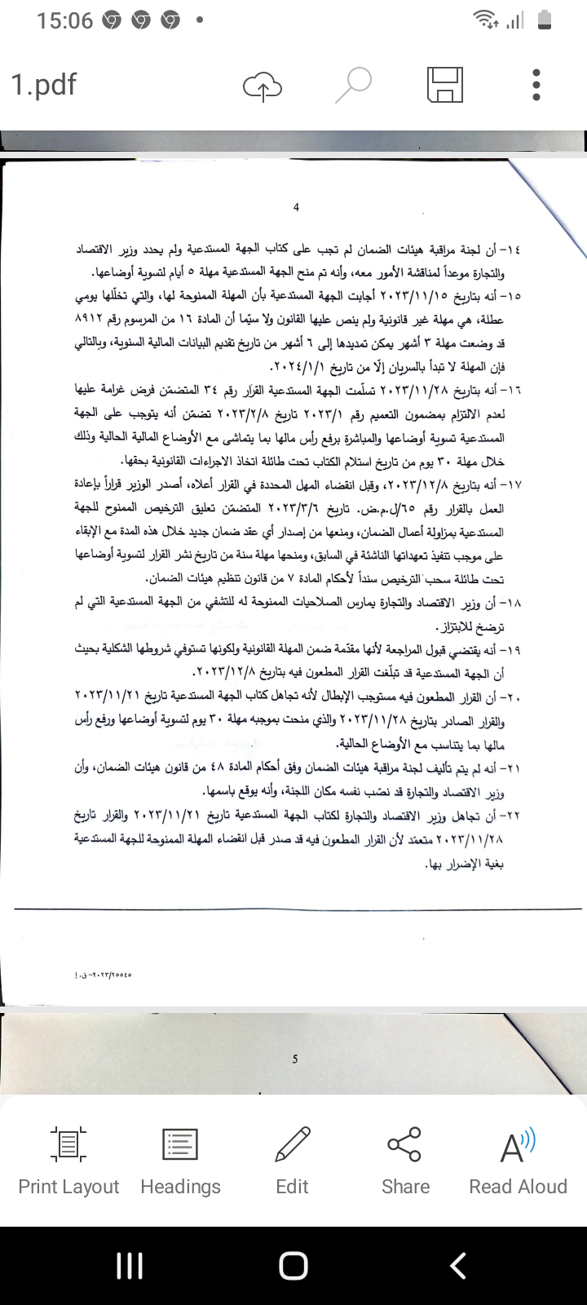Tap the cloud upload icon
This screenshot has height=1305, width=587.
click(x=262, y=86)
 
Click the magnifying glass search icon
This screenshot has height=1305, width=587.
click(x=354, y=85)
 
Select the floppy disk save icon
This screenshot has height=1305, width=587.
click(x=445, y=85)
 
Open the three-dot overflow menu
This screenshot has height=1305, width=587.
click(x=536, y=85)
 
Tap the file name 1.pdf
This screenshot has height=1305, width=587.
click(x=44, y=85)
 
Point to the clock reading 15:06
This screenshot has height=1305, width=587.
click(x=64, y=21)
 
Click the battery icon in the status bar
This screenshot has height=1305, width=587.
click(x=546, y=21)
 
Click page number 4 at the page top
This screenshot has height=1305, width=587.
click(x=296, y=207)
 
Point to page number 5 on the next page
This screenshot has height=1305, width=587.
click(x=295, y=1059)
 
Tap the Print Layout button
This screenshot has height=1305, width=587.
click(x=68, y=1160)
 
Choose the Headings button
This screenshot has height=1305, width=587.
click(x=180, y=1160)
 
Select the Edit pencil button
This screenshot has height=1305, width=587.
click(x=292, y=1160)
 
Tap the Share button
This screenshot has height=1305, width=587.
click(x=405, y=1160)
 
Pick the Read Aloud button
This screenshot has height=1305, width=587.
click(x=518, y=1160)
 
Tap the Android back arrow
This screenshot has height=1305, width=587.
click(x=458, y=1266)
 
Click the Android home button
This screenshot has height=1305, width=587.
click(x=293, y=1266)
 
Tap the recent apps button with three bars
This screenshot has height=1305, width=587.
click(x=130, y=1266)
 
